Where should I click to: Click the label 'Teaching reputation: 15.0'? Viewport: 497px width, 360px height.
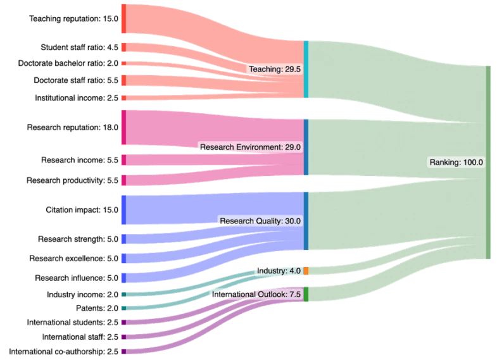73,19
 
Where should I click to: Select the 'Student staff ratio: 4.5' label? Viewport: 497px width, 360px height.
79,47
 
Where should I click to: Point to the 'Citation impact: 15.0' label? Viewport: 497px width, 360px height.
82,209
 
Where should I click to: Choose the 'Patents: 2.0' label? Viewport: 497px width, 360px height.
97,308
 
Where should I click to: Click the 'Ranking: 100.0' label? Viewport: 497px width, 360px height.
456,162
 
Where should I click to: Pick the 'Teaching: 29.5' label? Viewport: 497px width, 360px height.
275,69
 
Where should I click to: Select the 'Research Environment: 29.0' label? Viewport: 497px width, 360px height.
250,147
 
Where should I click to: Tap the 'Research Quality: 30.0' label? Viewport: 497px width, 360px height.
260,221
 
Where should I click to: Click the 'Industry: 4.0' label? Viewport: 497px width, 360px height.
279,271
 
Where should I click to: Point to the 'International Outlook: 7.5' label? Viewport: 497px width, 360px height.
256,294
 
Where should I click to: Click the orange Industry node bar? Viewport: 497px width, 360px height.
306,271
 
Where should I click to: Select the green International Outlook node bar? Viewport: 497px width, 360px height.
306,294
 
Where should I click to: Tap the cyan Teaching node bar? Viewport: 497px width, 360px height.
306,70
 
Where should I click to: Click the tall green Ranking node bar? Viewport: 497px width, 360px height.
488,162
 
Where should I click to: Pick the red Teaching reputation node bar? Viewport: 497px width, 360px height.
124,19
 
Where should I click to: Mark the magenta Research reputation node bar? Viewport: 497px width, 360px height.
124,127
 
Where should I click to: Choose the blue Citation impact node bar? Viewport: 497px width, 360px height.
124,209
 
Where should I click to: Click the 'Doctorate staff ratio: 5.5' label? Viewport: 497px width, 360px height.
75,80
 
